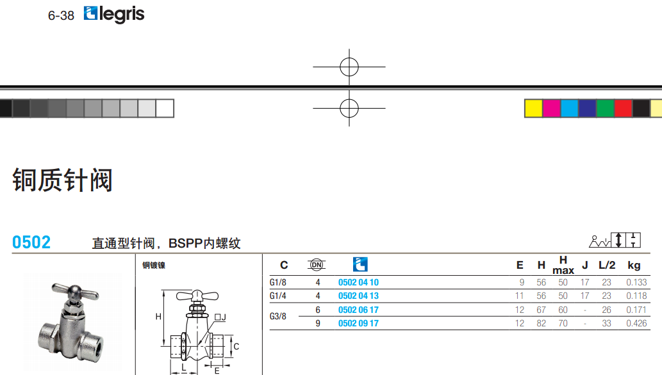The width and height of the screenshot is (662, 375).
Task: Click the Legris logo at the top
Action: point(114,14)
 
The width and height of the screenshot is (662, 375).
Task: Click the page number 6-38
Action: point(61,16)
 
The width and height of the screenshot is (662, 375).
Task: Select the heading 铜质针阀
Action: point(62,180)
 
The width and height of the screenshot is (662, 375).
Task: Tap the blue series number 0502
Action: point(31,243)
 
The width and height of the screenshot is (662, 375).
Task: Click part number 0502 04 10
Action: point(358,282)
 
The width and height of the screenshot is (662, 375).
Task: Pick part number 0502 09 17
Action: point(358,323)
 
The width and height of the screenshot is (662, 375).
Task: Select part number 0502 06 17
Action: point(358,310)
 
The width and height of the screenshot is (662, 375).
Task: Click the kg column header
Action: point(634,265)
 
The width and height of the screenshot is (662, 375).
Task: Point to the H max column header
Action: point(563,265)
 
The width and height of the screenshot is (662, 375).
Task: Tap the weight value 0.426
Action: point(636,323)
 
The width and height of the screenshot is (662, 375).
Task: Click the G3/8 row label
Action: point(278,316)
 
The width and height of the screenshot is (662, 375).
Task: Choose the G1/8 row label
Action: point(278,282)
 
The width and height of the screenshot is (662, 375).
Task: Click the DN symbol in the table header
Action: point(317,264)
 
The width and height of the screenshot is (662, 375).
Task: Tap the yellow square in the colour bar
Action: point(533,108)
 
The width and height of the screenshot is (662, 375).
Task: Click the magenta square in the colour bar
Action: point(551,108)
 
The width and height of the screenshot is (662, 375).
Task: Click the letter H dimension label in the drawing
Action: point(158,317)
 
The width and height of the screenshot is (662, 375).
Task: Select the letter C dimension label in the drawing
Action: point(236,347)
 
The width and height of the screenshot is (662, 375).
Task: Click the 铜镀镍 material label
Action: point(154,265)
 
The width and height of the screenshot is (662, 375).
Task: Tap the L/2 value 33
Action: point(606,323)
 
